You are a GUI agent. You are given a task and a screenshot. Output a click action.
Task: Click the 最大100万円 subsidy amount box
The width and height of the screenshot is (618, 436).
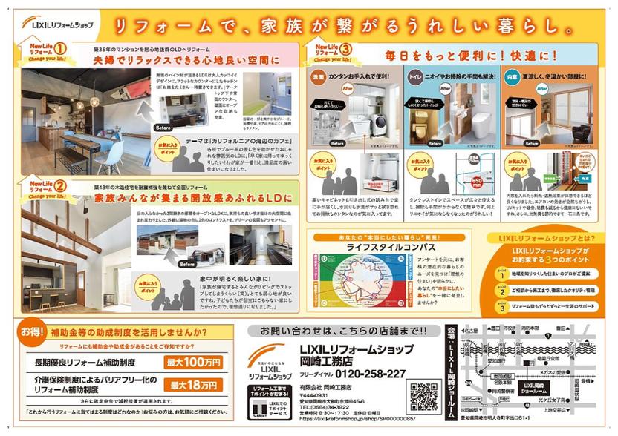[194, 363]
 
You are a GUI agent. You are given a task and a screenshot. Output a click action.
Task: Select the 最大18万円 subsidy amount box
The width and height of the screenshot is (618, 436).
[194, 385]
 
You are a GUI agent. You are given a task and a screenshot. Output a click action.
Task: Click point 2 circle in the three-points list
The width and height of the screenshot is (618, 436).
[502, 291]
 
